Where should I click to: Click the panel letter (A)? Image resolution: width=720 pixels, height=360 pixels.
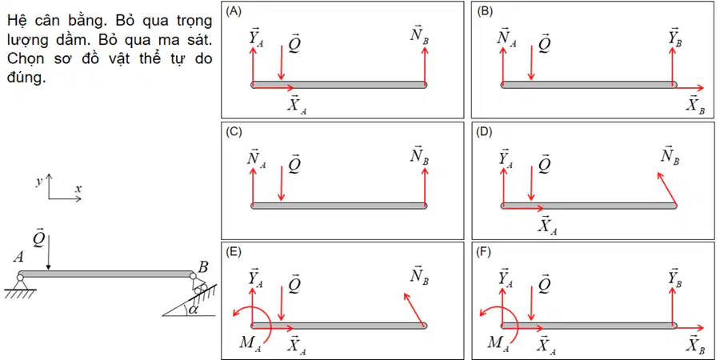pyautogui.click(x=232, y=12)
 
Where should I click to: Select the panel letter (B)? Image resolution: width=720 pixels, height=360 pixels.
pyautogui.click(x=484, y=12)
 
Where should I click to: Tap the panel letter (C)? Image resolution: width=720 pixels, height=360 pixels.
pyautogui.click(x=233, y=133)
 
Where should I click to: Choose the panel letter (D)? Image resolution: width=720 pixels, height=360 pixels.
pyautogui.click(x=485, y=133)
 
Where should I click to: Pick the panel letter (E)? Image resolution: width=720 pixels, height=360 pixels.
pyautogui.click(x=232, y=253)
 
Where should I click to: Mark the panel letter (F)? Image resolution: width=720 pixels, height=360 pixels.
pyautogui.click(x=484, y=253)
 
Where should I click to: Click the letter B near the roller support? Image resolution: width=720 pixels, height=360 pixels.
pyautogui.click(x=202, y=266)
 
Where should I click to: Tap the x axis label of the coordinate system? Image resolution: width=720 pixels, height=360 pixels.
pyautogui.click(x=78, y=188)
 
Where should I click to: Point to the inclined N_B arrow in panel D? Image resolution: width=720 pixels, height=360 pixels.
pyautogui.click(x=666, y=189)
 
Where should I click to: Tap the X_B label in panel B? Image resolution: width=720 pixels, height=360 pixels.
pyautogui.click(x=696, y=105)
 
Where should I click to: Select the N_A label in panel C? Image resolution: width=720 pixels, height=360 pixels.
pyautogui.click(x=256, y=158)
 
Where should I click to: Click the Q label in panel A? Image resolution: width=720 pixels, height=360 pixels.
pyautogui.click(x=293, y=43)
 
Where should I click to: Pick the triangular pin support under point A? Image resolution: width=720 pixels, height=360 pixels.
pyautogui.click(x=20, y=284)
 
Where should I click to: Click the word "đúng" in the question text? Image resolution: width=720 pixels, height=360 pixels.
pyautogui.click(x=26, y=78)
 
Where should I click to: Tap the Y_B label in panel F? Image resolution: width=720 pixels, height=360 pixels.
pyautogui.click(x=675, y=278)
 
